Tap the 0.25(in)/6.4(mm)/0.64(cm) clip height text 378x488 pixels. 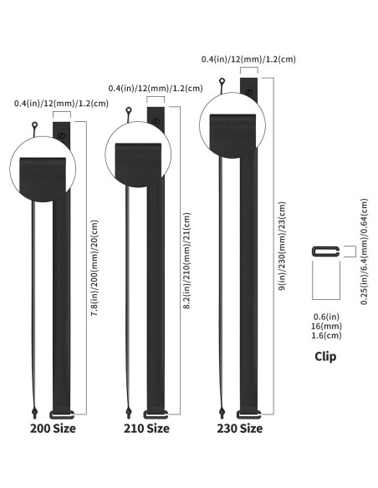point(363,252)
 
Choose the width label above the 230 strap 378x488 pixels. point(249,59)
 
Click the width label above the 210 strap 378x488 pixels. point(156,88)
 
